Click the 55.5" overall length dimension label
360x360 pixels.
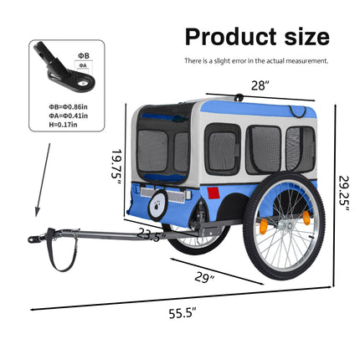[x=183, y=313]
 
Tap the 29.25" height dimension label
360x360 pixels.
[x=344, y=194]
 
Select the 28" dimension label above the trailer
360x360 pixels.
[x=260, y=85]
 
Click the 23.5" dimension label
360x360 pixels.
[x=152, y=234]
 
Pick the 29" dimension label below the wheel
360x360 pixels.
[x=204, y=278]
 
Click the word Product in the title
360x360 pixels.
[x=231, y=37]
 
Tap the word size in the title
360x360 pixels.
[x=307, y=37]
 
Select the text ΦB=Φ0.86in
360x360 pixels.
[x=69, y=106]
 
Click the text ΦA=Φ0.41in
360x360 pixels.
[x=69, y=116]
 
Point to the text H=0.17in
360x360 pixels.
[x=63, y=125]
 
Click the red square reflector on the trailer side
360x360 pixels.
[x=213, y=193]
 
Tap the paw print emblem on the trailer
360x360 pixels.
[x=157, y=206]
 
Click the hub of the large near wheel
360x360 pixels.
[x=288, y=224]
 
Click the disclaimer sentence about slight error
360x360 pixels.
[x=256, y=61]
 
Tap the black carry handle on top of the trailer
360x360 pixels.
[x=239, y=97]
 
